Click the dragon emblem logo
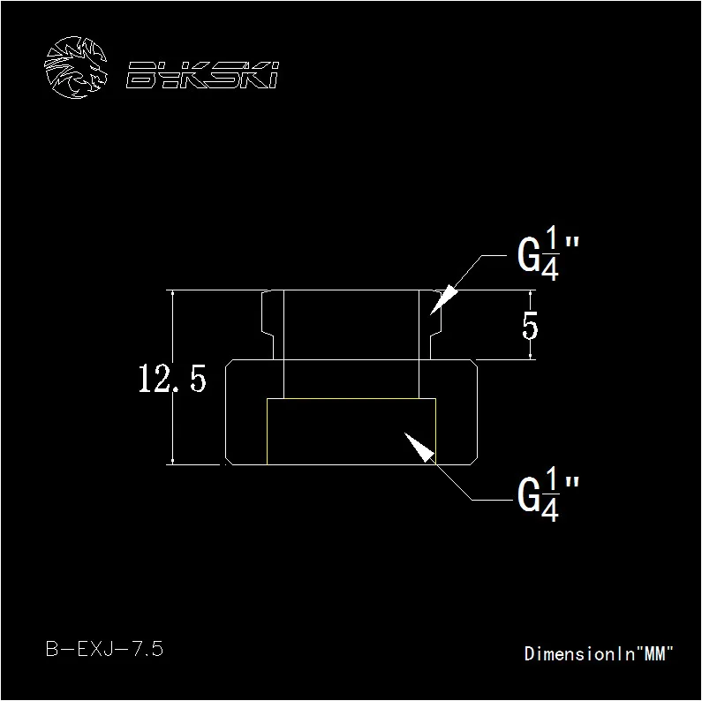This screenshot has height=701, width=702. tap(76, 67)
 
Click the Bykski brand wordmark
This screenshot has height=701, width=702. tap(202, 75)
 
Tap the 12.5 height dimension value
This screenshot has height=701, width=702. tap(172, 379)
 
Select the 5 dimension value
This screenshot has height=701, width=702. tap(530, 326)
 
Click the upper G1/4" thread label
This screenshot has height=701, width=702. tap(548, 253)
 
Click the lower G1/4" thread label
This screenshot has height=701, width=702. tap(548, 494)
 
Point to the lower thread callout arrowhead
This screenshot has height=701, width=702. tap(419, 448)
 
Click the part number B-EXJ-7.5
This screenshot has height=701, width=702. tap(105, 649)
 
